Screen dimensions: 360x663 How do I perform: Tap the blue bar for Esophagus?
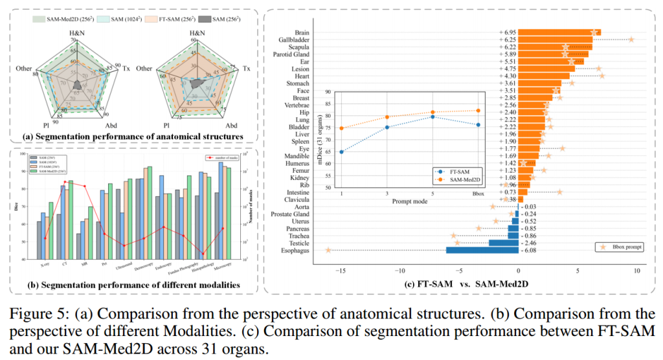click(x=482, y=251)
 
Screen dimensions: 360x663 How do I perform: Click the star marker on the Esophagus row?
click(x=329, y=250)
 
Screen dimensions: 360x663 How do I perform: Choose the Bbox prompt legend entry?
click(x=613, y=247)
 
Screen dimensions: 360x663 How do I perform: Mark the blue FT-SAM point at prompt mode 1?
click(x=341, y=152)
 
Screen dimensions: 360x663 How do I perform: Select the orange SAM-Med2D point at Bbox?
click(x=478, y=111)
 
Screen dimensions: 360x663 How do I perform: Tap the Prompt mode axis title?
click(x=409, y=201)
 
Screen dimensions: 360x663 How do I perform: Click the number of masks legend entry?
click(x=224, y=157)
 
